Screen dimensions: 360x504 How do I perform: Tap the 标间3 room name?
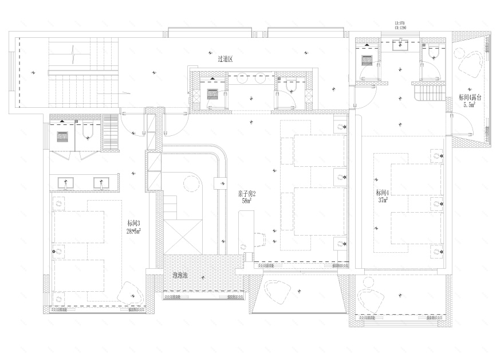pyautogui.click(x=134, y=224)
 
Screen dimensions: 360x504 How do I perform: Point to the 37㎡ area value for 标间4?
pyautogui.click(x=383, y=201)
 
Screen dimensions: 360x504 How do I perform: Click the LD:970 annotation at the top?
pyautogui.click(x=400, y=24)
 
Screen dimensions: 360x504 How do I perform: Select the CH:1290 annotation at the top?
pyautogui.click(x=400, y=28)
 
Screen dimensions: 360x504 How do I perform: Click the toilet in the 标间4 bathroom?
pyautogui.click(x=433, y=53)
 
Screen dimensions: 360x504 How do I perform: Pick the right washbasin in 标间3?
pyautogui.click(x=101, y=183)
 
